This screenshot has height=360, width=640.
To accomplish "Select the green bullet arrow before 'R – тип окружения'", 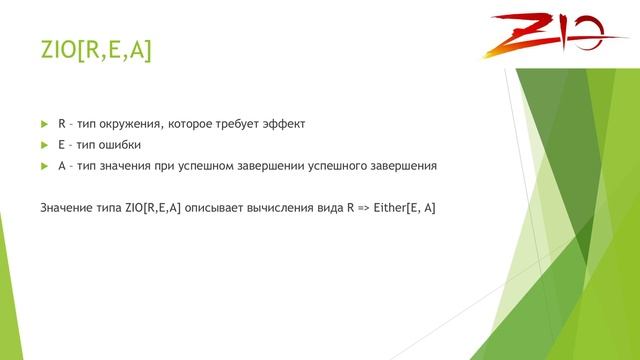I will (44, 124).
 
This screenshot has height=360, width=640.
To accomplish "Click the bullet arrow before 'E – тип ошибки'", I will (44, 144).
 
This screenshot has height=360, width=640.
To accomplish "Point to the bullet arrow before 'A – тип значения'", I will (44, 165).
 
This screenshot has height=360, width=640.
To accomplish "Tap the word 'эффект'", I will (282, 124).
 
